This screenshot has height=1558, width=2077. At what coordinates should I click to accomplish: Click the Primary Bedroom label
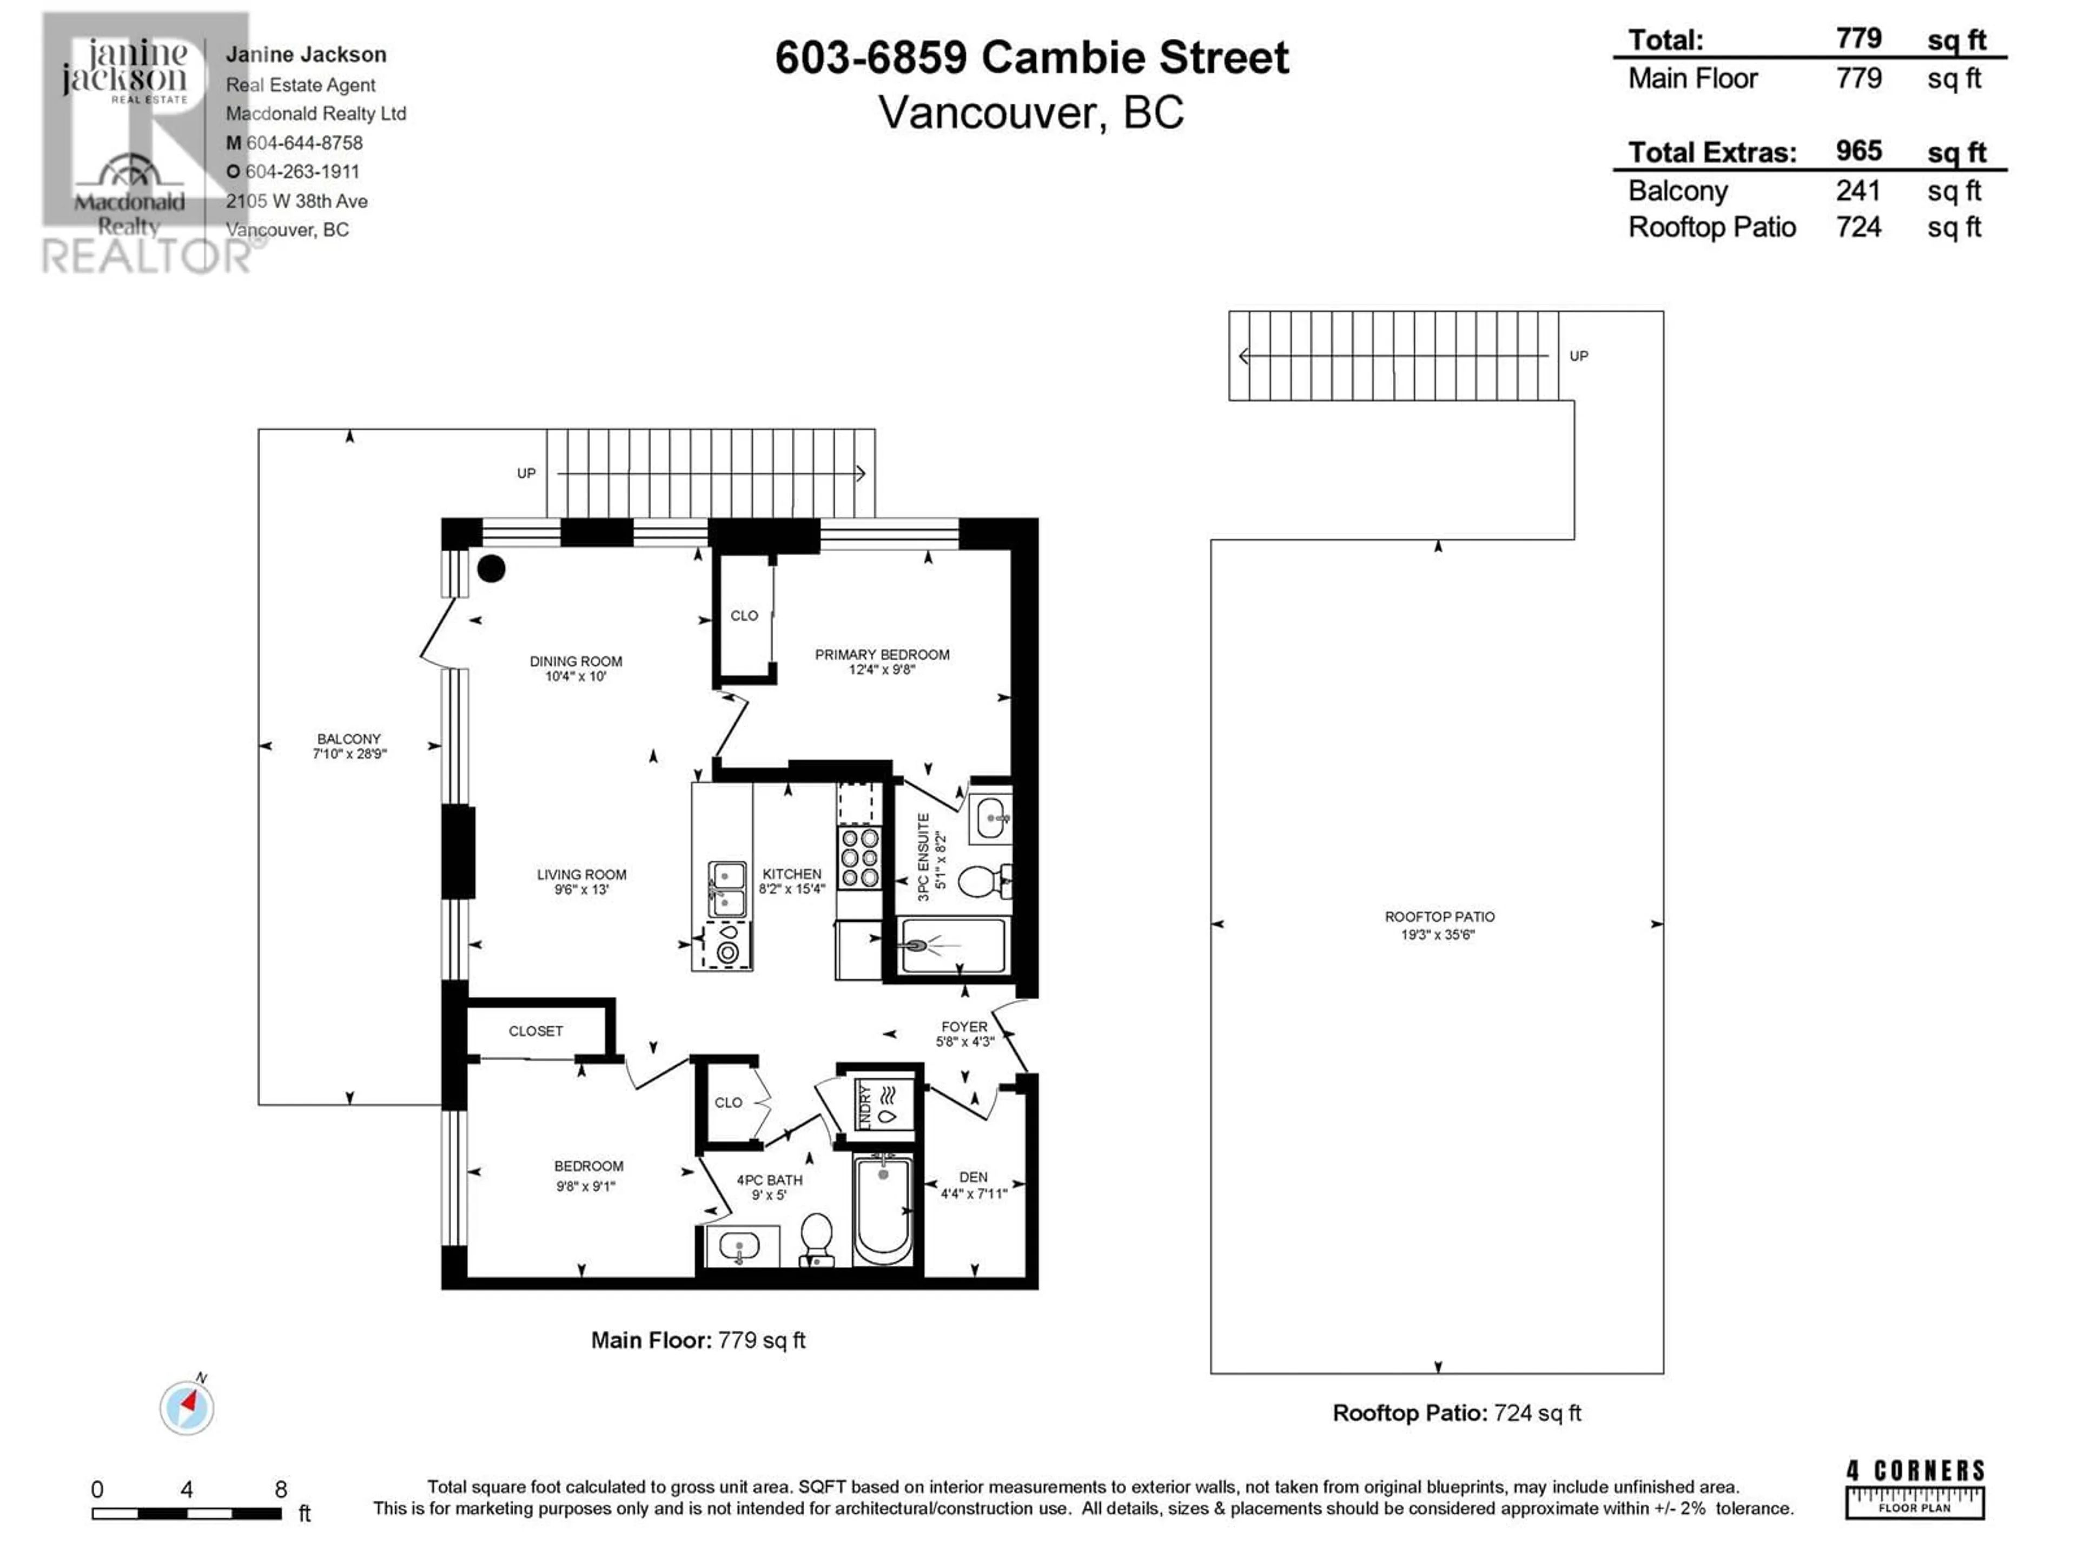click(882, 655)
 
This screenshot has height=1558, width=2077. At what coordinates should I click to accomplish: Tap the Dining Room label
click(576, 661)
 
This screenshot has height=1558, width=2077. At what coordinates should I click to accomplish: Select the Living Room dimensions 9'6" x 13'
click(581, 889)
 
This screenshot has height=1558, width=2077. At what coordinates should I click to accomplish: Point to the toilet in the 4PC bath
click(817, 1240)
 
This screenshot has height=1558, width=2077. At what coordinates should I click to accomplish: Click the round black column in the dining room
click(491, 568)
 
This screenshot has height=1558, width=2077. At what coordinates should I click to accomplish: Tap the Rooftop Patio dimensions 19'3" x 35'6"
click(1438, 934)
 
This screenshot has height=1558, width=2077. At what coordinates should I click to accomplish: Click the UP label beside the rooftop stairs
click(1578, 356)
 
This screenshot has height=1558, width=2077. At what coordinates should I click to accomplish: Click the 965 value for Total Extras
click(1858, 151)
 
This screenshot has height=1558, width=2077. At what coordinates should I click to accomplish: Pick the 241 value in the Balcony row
click(1858, 190)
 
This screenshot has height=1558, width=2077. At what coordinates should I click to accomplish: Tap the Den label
click(973, 1177)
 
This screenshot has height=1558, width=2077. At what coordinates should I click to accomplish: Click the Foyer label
click(964, 1026)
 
